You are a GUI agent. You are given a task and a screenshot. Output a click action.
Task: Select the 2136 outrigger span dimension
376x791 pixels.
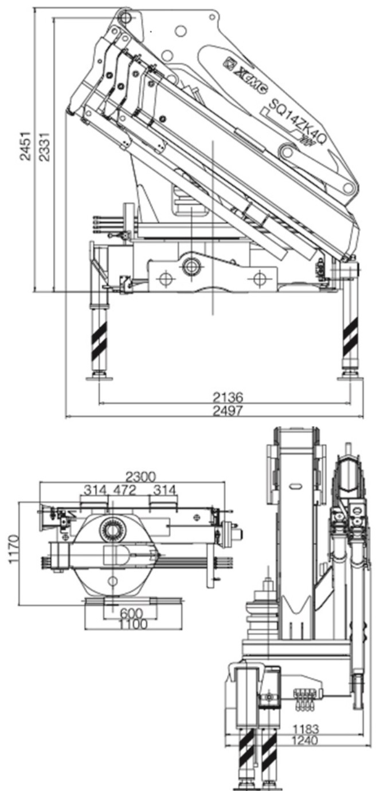coord(228,397)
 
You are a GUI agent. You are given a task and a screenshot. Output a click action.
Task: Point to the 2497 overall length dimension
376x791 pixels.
coord(228,410)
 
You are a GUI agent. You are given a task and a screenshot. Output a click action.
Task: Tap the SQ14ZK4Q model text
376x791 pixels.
coord(293,119)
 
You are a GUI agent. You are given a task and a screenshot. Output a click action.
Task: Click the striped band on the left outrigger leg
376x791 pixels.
coord(99,338)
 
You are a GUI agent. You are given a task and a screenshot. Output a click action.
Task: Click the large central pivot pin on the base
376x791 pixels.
coord(191,266)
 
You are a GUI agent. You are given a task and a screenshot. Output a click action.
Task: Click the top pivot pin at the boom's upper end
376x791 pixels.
coord(125,18)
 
